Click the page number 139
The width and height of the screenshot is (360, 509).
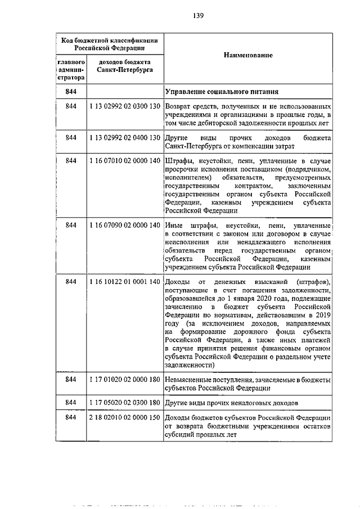point(197,16)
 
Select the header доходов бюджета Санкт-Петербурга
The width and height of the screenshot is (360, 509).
point(124,67)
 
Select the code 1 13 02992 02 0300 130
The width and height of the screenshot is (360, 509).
point(125,106)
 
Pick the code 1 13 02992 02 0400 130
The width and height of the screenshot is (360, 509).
point(125,138)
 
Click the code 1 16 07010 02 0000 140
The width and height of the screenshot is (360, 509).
point(125,161)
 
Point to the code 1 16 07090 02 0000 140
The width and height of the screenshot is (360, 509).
point(125,225)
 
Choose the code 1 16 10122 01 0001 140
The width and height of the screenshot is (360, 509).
point(125,281)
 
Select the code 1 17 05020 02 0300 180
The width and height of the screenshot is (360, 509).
point(125,403)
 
